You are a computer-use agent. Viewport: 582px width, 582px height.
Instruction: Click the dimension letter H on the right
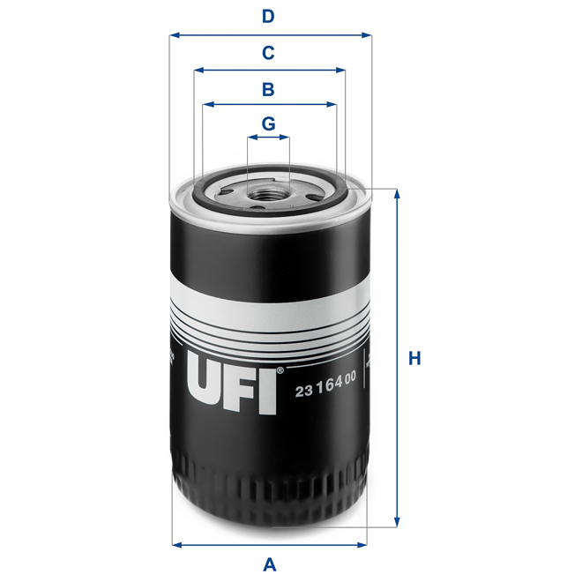(x=414, y=359)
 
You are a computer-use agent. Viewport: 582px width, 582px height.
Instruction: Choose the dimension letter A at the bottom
(x=270, y=564)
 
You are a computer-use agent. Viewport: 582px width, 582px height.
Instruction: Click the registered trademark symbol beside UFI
(x=280, y=370)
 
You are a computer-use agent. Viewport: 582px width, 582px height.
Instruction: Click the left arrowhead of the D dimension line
(x=175, y=36)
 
